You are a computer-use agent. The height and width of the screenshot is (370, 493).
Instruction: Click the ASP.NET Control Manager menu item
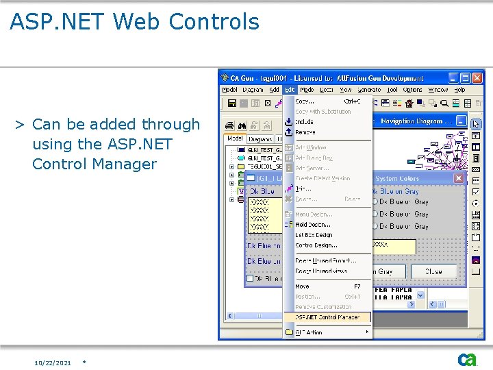click(x=327, y=317)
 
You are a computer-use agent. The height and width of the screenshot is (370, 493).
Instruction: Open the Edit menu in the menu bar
click(x=290, y=90)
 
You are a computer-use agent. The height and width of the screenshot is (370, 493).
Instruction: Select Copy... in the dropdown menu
click(x=305, y=101)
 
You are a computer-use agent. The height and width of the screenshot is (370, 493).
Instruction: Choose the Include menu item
click(x=304, y=122)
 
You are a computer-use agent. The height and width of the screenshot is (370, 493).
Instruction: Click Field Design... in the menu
click(x=313, y=225)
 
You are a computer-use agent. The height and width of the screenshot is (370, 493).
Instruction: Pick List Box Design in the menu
click(x=314, y=235)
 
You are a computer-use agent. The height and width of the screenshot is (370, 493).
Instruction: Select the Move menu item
click(x=302, y=286)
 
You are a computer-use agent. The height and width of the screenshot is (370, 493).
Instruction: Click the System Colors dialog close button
click(x=458, y=178)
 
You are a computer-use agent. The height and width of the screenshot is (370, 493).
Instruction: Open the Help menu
click(x=459, y=90)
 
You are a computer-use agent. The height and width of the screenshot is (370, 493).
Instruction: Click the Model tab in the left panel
click(x=235, y=138)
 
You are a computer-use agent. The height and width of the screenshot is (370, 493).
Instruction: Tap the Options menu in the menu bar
click(x=412, y=90)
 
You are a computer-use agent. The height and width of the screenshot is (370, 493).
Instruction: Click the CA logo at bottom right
click(x=468, y=359)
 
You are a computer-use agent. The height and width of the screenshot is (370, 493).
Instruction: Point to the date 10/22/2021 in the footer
click(x=53, y=362)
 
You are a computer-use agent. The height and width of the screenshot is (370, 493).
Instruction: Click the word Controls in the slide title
click(x=215, y=22)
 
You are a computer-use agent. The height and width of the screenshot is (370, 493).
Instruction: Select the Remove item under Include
click(x=305, y=132)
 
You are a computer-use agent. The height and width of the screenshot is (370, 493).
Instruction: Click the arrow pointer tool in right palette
click(x=476, y=125)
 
